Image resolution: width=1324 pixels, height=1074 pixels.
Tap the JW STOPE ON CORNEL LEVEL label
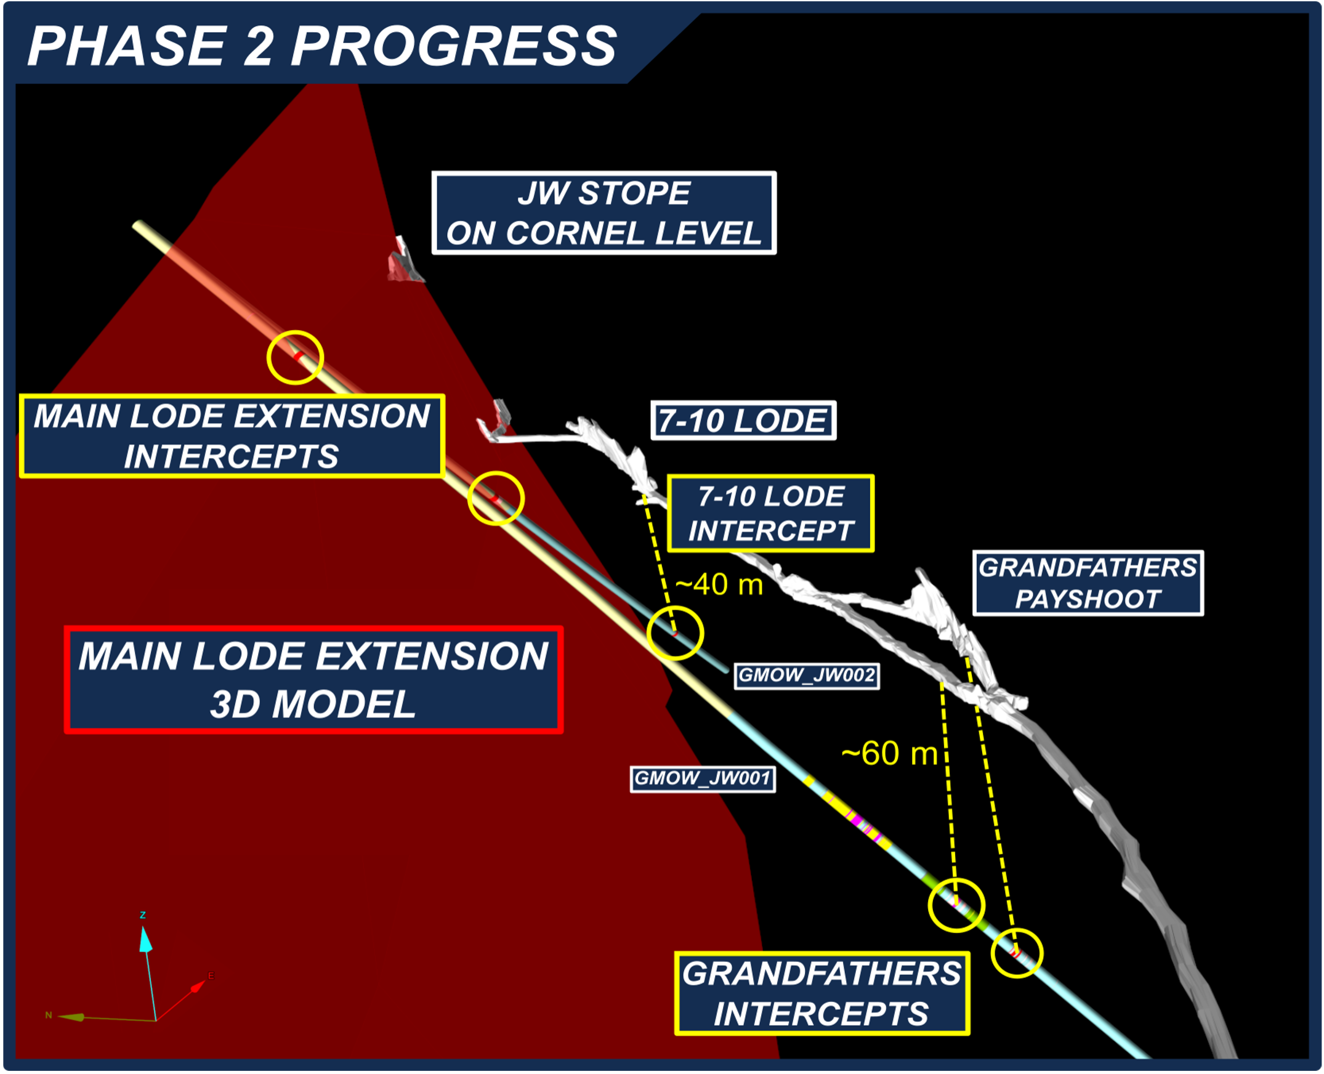[604, 213]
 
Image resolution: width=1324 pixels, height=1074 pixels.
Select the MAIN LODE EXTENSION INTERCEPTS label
[232, 436]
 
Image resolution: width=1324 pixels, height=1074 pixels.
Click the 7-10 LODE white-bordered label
[743, 421]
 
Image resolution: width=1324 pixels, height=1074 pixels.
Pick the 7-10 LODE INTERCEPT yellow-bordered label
[771, 514]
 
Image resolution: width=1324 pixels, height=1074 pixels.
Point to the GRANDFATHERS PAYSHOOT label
[1088, 583]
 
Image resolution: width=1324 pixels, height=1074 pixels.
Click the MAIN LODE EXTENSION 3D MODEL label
[313, 680]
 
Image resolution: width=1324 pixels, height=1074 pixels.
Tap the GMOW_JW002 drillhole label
[807, 675]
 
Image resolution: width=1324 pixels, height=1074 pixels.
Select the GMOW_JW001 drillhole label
[703, 778]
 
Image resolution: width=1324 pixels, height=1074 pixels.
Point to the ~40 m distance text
[719, 584]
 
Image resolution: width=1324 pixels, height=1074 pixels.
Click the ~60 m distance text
[890, 754]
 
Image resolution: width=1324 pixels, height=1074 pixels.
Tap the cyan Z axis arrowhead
[145, 939]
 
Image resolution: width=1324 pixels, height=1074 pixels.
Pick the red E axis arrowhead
[198, 985]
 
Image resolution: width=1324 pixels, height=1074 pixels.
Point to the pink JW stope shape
[403, 261]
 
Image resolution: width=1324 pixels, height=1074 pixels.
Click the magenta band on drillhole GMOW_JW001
[857, 822]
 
